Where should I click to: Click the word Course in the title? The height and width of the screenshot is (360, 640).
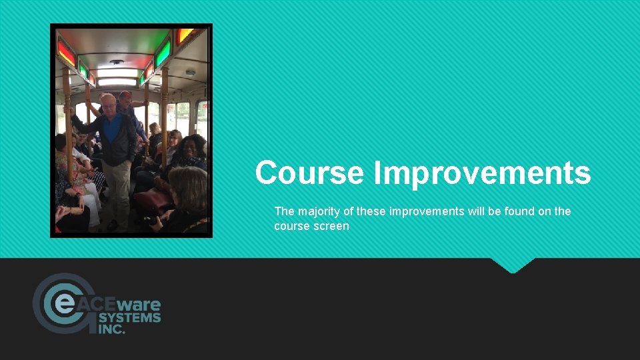pos(310,173)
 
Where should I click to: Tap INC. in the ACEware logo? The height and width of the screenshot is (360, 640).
pos(111,329)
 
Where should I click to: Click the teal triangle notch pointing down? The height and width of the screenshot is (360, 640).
pos(513,265)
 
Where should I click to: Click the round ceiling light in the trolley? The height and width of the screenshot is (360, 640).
pos(118,63)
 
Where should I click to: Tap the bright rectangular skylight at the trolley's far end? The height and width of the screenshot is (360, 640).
pos(117,81)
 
